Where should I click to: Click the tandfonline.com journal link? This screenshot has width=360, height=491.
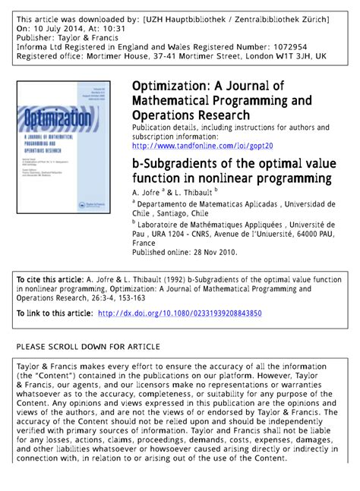point(202,146)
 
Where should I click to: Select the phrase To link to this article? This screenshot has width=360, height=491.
point(54,313)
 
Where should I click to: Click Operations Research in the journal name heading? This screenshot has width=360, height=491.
point(191,115)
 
